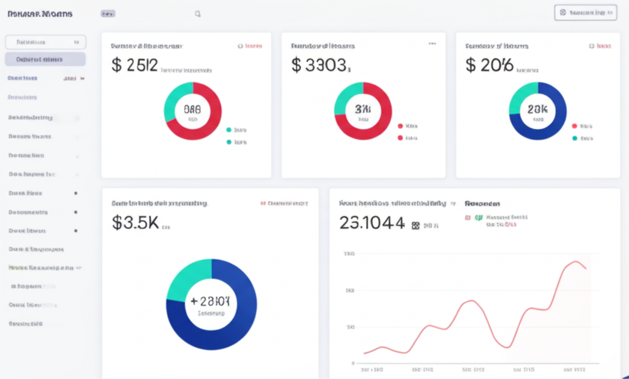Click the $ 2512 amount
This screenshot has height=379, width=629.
[135, 65]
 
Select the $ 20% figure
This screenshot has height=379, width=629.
[488, 65]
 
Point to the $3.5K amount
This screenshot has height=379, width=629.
[135, 223]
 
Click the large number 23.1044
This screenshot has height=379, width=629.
[372, 223]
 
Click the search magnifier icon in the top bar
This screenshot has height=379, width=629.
[197, 14]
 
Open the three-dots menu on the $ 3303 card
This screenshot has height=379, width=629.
[432, 44]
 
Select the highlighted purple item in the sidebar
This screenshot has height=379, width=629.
[45, 60]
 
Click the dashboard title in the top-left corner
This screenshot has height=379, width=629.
[39, 14]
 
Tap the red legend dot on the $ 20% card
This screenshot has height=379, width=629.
[574, 126]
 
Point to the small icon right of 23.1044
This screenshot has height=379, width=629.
[415, 226]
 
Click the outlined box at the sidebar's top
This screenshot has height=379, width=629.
[45, 42]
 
